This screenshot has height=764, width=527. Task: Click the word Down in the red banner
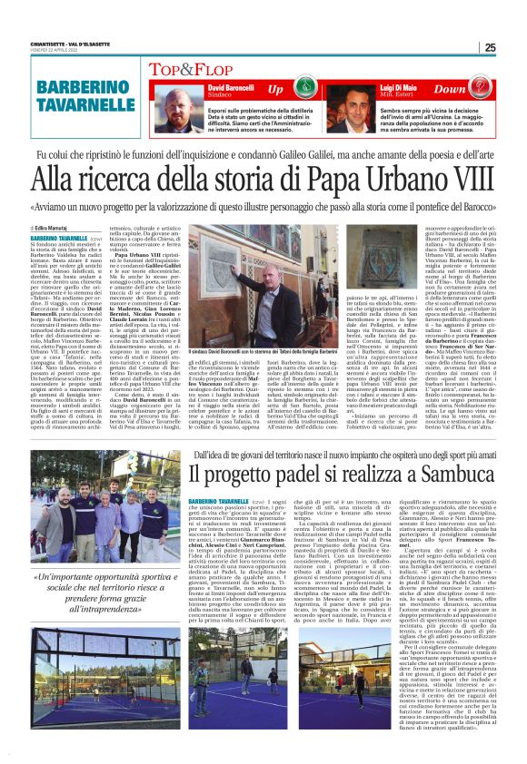pyautogui.click(x=451, y=90)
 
